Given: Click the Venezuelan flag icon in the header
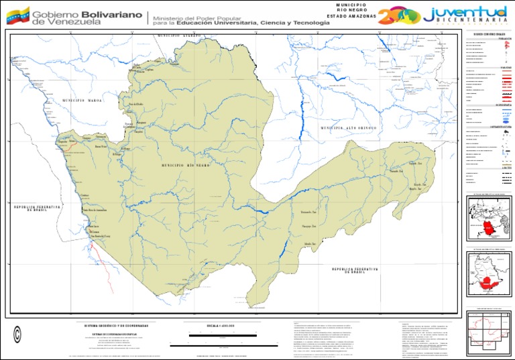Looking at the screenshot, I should [x=17, y=17].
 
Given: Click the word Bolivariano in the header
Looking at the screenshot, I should [x=116, y=13].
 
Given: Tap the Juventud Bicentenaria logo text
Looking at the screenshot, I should [x=468, y=12].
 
